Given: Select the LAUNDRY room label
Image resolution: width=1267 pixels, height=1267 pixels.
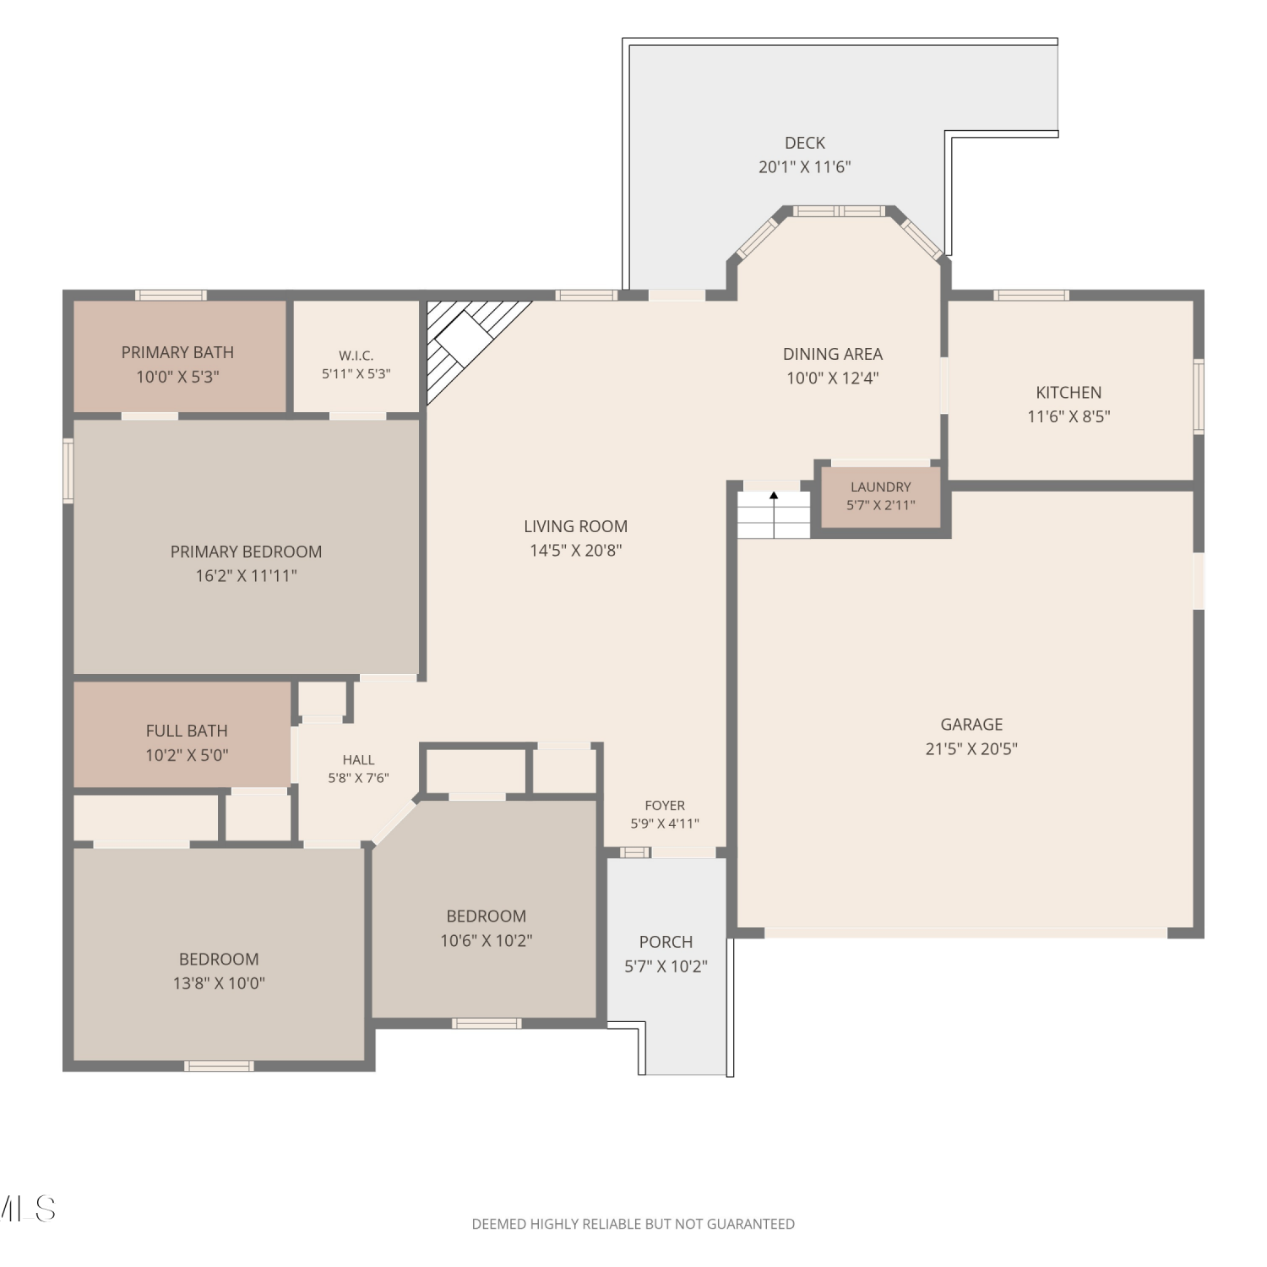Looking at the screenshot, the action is tap(881, 487).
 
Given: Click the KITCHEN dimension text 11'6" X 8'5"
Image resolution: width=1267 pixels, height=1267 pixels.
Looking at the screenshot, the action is tap(1069, 416).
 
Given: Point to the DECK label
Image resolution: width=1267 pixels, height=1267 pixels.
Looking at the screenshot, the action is tap(805, 143).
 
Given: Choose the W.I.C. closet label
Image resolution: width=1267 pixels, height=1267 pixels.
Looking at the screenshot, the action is tap(356, 356).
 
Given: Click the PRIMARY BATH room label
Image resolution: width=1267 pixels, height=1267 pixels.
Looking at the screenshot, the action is tap(177, 352).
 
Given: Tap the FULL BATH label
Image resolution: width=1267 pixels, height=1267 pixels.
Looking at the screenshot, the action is tap(187, 731).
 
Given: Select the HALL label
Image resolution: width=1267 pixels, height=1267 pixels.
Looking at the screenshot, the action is tap(359, 760).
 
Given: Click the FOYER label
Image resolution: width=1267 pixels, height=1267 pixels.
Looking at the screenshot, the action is tap(665, 806).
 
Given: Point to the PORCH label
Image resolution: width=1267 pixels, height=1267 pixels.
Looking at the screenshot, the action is tap(666, 942).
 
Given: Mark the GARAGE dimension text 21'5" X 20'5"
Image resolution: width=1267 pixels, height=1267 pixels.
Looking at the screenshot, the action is tap(971, 748).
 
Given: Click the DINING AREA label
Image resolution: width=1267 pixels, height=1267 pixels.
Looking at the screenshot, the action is tap(833, 354).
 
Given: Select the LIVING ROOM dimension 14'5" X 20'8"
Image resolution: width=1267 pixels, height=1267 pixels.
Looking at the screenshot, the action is tap(576, 551).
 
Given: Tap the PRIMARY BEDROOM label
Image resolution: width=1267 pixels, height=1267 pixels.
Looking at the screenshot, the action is tap(246, 552).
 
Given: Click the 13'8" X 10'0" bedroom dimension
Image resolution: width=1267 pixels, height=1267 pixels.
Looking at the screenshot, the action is tap(219, 983).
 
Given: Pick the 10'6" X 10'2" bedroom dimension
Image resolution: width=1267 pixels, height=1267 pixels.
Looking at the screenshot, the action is tap(487, 940).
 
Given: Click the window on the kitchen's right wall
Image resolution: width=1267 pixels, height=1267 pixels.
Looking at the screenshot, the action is tap(1199, 397).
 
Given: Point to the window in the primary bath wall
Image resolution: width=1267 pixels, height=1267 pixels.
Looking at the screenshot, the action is tap(171, 295).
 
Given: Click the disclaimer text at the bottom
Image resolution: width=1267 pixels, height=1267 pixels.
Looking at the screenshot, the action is tap(633, 1224).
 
